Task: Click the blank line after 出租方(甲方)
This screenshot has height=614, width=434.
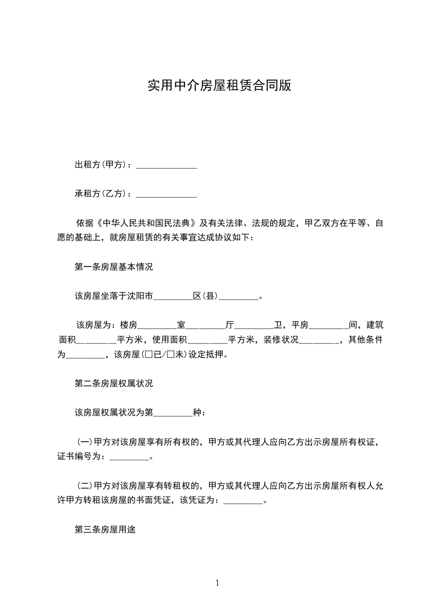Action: tap(166, 165)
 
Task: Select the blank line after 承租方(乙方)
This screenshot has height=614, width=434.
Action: tap(166, 194)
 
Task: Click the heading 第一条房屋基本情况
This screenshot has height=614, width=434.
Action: tap(113, 268)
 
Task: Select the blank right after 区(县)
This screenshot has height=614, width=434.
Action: tap(238, 297)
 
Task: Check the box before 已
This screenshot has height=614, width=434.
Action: tap(147, 355)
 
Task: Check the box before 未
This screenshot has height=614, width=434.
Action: tap(171, 355)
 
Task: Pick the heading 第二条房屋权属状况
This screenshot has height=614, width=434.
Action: tap(113, 384)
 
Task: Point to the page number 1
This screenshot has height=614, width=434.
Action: tap(217, 583)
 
